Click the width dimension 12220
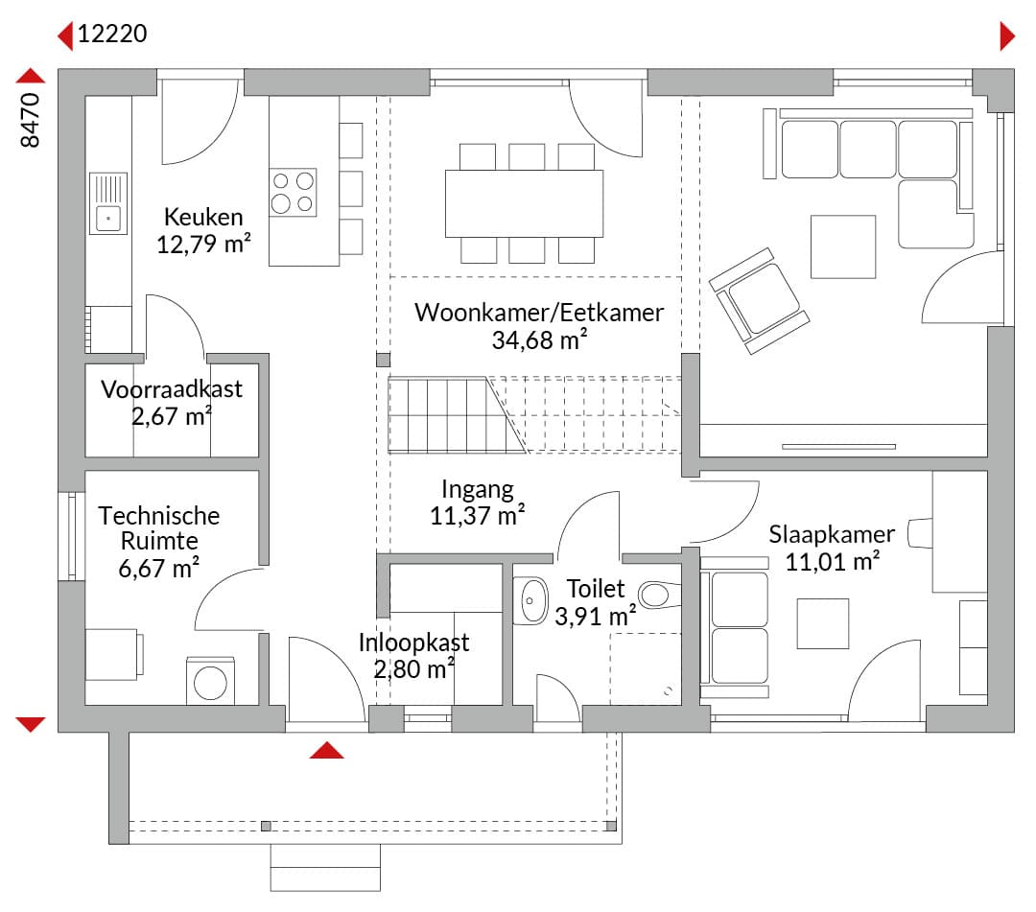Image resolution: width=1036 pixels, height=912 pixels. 112,33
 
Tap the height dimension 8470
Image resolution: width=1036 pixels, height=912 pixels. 31,120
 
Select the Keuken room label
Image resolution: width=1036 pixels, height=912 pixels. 203,217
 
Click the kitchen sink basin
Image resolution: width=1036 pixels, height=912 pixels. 107,218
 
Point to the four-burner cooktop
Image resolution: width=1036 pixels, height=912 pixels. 293,192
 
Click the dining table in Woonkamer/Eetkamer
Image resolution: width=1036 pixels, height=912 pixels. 524,203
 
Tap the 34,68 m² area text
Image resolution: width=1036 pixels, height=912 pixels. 539,339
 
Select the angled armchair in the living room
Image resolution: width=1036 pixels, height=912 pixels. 759,301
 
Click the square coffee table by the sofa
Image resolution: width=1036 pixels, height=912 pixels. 843,246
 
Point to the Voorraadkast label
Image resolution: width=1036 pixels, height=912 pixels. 172,389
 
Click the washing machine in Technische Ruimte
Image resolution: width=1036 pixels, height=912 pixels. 210,681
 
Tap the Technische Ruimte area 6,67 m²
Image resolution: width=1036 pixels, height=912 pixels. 158,568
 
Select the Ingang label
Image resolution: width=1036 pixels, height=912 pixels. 477,490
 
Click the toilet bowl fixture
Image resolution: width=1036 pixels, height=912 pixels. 660,595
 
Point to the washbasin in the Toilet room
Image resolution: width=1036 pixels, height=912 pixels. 530,601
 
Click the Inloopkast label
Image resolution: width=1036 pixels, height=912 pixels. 413,642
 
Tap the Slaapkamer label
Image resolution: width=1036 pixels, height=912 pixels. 831,533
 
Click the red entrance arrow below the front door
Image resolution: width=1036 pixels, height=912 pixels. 326,750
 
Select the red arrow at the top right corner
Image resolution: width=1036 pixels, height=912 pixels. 1007,35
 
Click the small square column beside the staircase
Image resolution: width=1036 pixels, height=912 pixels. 383,360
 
